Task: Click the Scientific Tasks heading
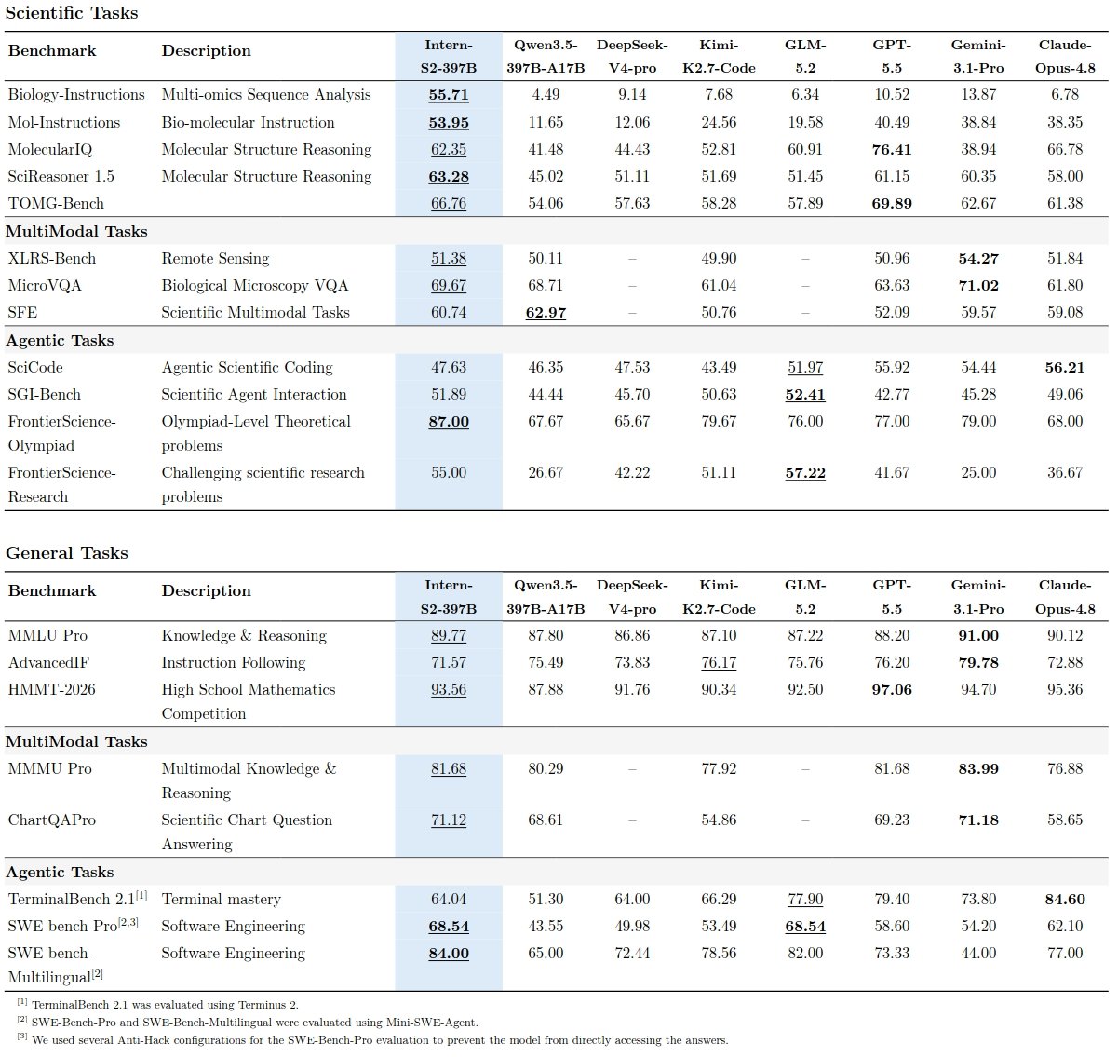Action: click(72, 13)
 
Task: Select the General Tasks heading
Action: click(66, 553)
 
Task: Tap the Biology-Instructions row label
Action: click(76, 95)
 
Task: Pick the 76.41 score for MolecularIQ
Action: click(892, 149)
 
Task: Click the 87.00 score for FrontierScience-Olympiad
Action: click(449, 422)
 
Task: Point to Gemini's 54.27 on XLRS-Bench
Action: click(978, 259)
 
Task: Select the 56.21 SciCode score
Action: click(1065, 367)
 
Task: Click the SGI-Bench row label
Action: click(45, 395)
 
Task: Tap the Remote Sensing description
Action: click(215, 259)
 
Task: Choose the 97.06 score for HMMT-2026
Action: click(892, 690)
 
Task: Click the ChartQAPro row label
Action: click(52, 820)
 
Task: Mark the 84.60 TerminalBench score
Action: click(1065, 900)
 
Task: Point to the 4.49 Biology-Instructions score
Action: click(546, 95)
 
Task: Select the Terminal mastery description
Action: click(221, 900)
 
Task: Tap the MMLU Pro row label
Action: click(47, 635)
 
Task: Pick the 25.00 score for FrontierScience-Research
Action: click(978, 473)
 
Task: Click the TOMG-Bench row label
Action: click(56, 203)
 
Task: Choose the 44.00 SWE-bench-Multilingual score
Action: click(978, 954)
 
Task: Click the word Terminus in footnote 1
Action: click(263, 1005)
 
